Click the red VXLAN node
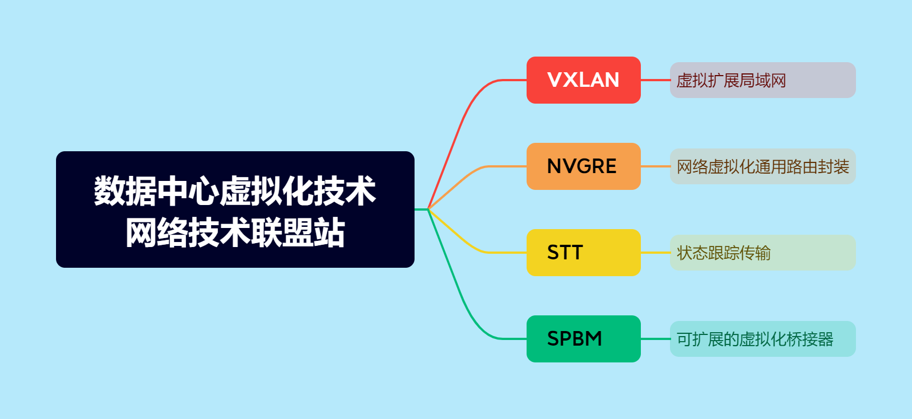[x=583, y=80]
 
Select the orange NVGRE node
[x=583, y=166]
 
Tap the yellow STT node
[x=583, y=253]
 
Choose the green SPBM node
[x=583, y=339]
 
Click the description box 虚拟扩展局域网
[x=762, y=80]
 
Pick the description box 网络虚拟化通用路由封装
[x=762, y=166]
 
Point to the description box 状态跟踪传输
[x=762, y=253]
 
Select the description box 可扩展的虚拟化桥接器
[x=762, y=339]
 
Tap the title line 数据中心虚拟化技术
[x=235, y=191]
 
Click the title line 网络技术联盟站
[x=235, y=232]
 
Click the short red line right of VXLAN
[x=655, y=80]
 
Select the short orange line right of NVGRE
[x=655, y=166]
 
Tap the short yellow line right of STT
[x=655, y=253]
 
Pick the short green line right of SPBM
[x=655, y=339]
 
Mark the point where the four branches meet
[x=428, y=209]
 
